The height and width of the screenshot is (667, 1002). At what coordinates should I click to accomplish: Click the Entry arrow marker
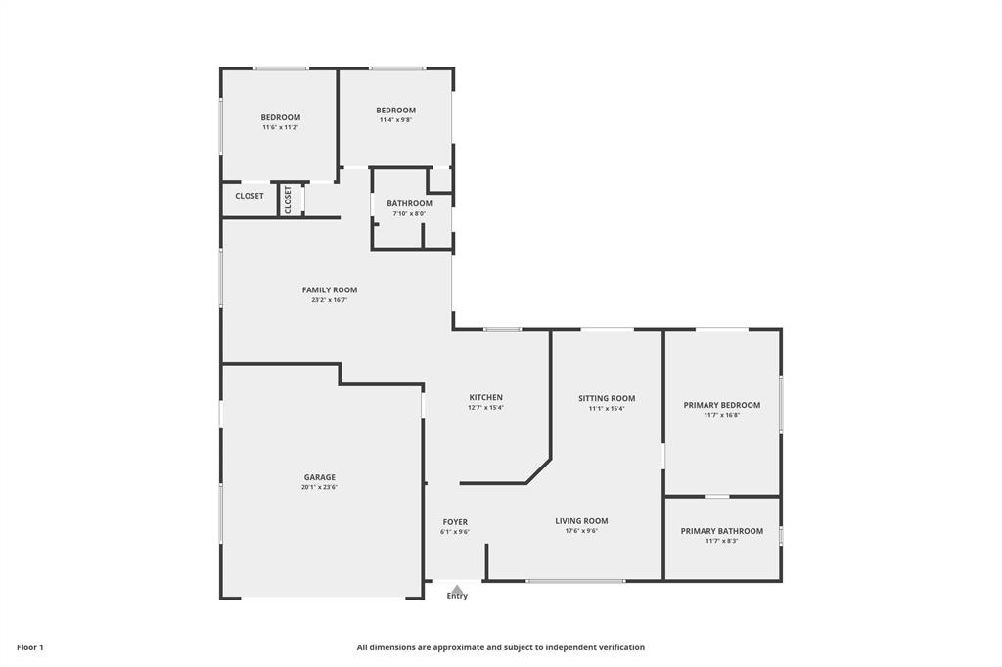(457, 589)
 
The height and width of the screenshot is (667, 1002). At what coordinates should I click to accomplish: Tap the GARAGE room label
(320, 477)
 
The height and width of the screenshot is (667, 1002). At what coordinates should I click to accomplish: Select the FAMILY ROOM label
(330, 290)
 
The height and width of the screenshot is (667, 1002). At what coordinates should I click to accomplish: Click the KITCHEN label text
(485, 397)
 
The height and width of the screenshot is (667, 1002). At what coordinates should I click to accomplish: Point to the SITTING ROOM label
(607, 399)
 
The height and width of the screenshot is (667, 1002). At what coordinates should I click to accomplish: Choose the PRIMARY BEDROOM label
(722, 405)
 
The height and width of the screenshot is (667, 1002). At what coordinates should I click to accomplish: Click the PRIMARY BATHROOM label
(722, 532)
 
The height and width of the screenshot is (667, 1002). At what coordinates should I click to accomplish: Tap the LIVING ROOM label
(581, 521)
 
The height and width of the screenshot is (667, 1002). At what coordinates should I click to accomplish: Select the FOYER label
(455, 522)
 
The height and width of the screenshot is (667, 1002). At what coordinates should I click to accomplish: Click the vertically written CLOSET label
(289, 200)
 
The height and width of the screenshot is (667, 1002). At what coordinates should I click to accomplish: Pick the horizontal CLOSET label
(250, 197)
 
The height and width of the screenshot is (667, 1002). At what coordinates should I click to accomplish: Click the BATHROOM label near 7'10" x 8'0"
(410, 203)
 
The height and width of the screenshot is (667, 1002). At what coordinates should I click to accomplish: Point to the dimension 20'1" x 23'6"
(320, 487)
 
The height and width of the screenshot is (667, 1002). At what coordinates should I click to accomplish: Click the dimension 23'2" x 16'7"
(330, 300)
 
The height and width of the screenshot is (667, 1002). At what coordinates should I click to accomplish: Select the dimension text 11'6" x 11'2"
(281, 128)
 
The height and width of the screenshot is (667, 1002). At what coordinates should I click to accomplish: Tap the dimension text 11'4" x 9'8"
(396, 120)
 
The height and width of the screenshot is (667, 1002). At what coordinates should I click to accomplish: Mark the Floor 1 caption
(30, 647)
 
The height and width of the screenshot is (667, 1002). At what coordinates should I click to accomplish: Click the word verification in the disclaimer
(621, 647)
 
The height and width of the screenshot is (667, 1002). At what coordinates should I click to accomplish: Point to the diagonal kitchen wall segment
(538, 470)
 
